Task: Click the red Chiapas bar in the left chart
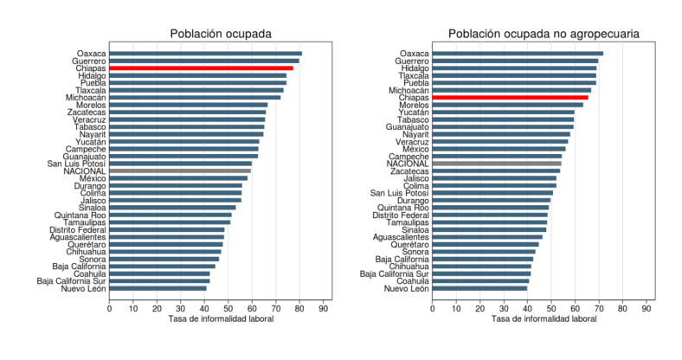point(201,68)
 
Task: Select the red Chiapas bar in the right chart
point(510,98)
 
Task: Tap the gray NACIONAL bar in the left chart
point(180,170)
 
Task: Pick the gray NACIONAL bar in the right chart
point(497,164)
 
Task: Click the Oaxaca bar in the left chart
point(206,54)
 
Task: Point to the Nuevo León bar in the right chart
point(479,288)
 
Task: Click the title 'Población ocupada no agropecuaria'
point(544,34)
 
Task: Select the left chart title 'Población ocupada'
point(221,34)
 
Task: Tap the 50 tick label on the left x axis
point(228,309)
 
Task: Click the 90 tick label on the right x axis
point(647,309)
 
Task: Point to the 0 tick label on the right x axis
point(433,309)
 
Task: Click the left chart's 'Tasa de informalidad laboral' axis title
point(221,319)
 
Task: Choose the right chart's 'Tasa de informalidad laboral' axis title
point(544,319)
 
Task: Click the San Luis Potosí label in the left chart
point(76,164)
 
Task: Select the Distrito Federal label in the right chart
point(401,215)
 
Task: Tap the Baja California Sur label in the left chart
point(71,281)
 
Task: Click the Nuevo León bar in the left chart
point(158,288)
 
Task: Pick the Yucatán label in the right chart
point(414,112)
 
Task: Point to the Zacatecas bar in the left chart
point(188,112)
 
